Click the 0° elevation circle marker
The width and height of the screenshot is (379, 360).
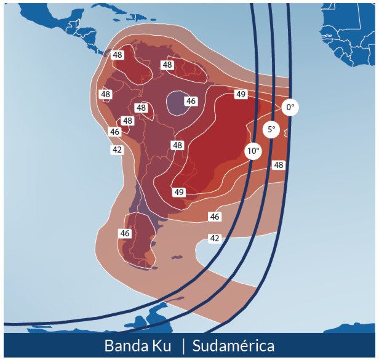290,108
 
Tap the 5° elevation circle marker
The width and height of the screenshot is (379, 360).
271,130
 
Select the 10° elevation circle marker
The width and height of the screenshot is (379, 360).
253,151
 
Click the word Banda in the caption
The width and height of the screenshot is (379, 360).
129,346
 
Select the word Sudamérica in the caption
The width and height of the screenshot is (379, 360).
233,346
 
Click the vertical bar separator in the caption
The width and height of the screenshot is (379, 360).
183,346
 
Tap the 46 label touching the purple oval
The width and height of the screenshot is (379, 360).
191,101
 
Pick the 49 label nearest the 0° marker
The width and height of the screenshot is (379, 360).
241,94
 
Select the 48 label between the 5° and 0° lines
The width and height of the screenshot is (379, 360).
279,165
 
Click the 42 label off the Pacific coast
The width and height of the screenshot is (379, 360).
117,150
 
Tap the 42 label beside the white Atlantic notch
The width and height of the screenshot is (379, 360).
215,238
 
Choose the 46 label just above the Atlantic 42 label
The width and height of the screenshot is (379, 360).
215,217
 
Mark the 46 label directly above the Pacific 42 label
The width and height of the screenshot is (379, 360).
114,132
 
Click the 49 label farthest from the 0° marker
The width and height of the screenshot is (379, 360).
179,192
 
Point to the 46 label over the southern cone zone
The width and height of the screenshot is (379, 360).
125,233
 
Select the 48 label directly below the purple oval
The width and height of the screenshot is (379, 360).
178,145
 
